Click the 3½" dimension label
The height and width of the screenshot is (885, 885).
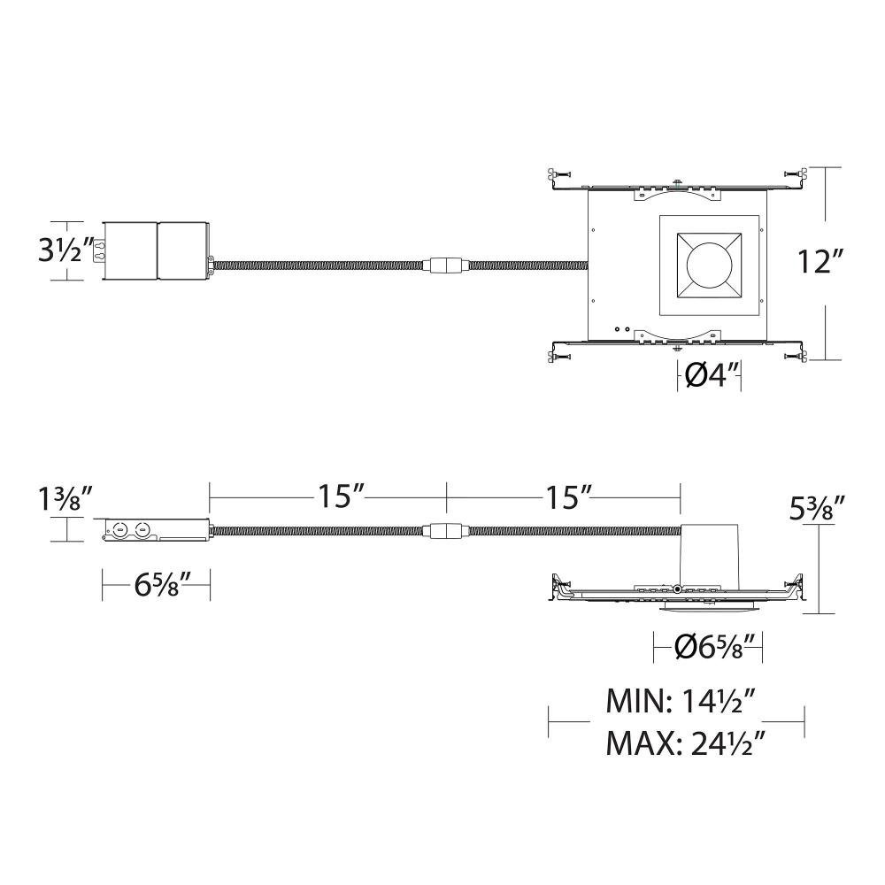[65, 250]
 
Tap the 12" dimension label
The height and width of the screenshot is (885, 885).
[820, 261]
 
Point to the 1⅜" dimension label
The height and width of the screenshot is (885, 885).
[65, 499]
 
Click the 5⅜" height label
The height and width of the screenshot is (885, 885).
[816, 509]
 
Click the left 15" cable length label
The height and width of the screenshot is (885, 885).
[342, 496]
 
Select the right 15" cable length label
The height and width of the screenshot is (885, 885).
[567, 496]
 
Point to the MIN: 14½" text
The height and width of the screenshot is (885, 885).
[681, 701]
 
